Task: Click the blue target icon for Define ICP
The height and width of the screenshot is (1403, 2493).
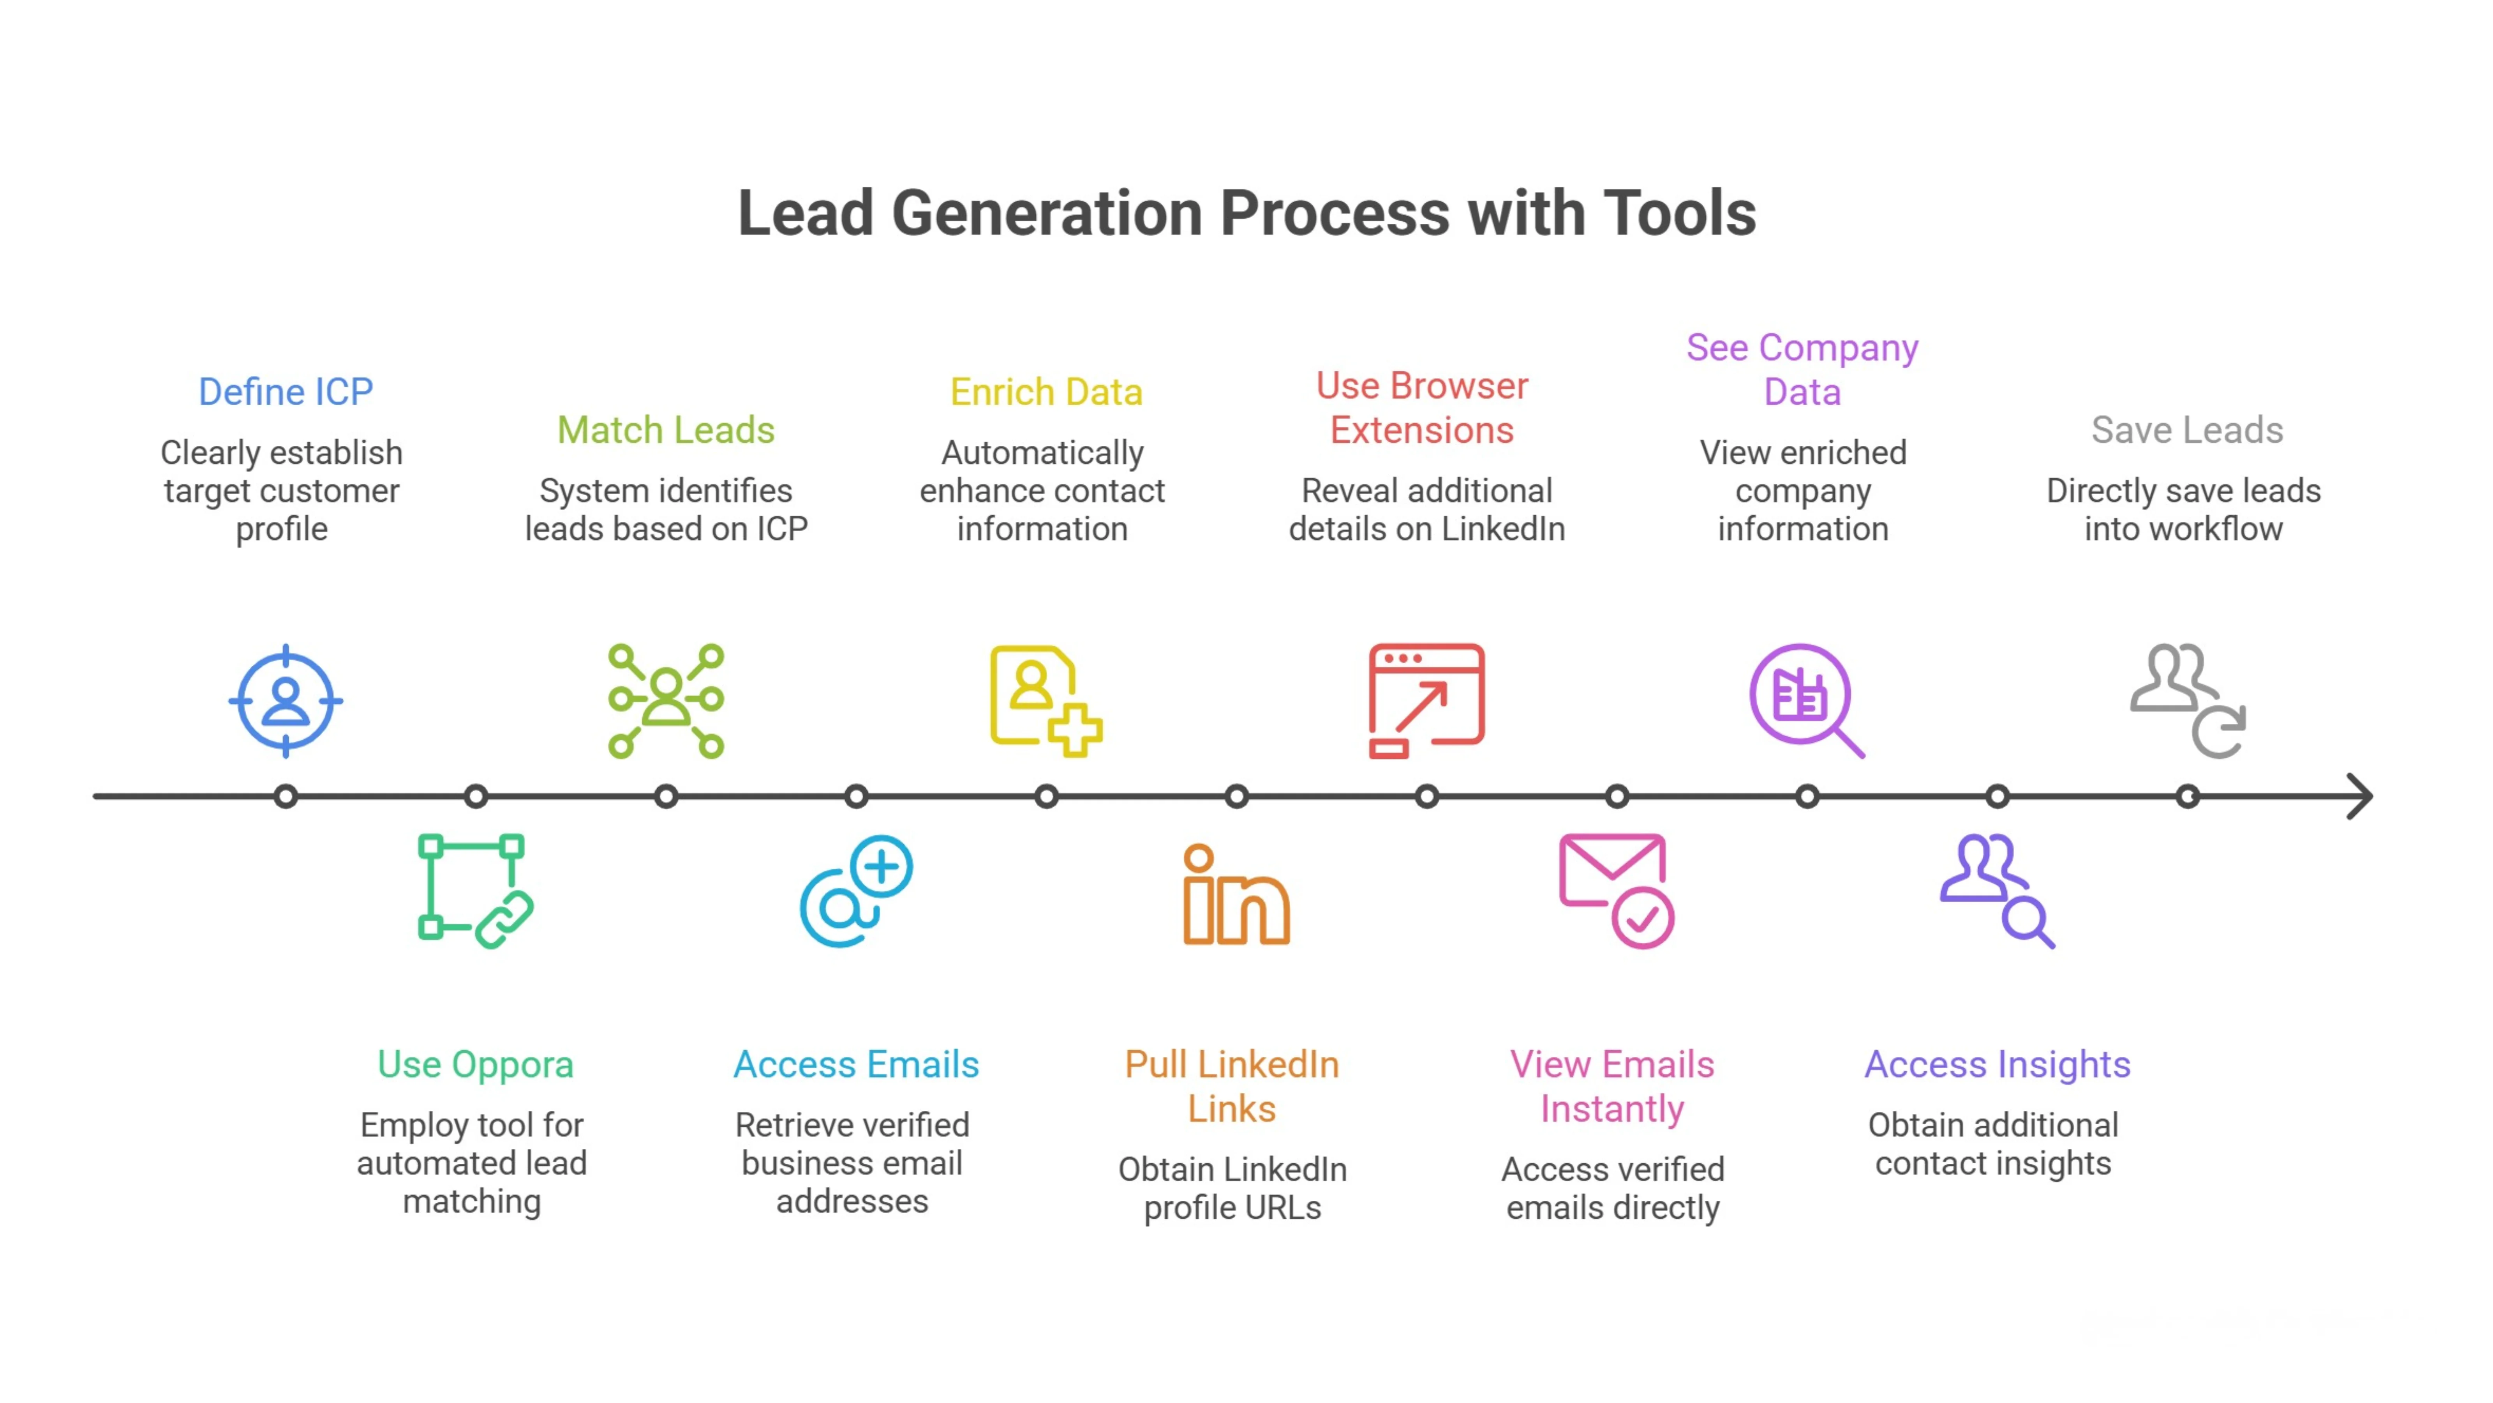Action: pos(286,700)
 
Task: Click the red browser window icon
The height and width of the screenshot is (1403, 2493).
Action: pos(1426,700)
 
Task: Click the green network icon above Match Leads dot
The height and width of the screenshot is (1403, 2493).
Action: pos(666,700)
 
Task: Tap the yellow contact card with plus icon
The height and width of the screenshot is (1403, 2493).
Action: pos(1045,700)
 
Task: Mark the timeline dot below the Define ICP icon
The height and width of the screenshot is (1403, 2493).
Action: pos(286,797)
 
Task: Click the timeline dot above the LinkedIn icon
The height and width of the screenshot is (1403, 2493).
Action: pos(1236,797)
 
